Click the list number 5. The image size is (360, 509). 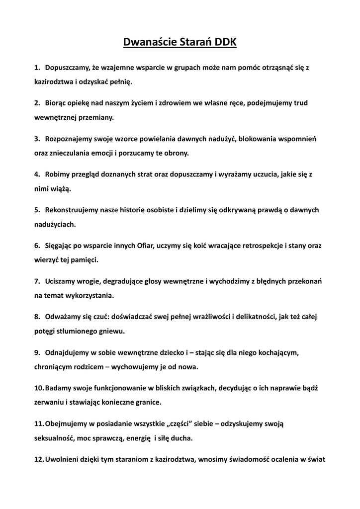point(37,210)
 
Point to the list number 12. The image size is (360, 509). point(39,460)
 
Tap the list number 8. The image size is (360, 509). point(37,317)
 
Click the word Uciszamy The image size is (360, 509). point(60,281)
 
